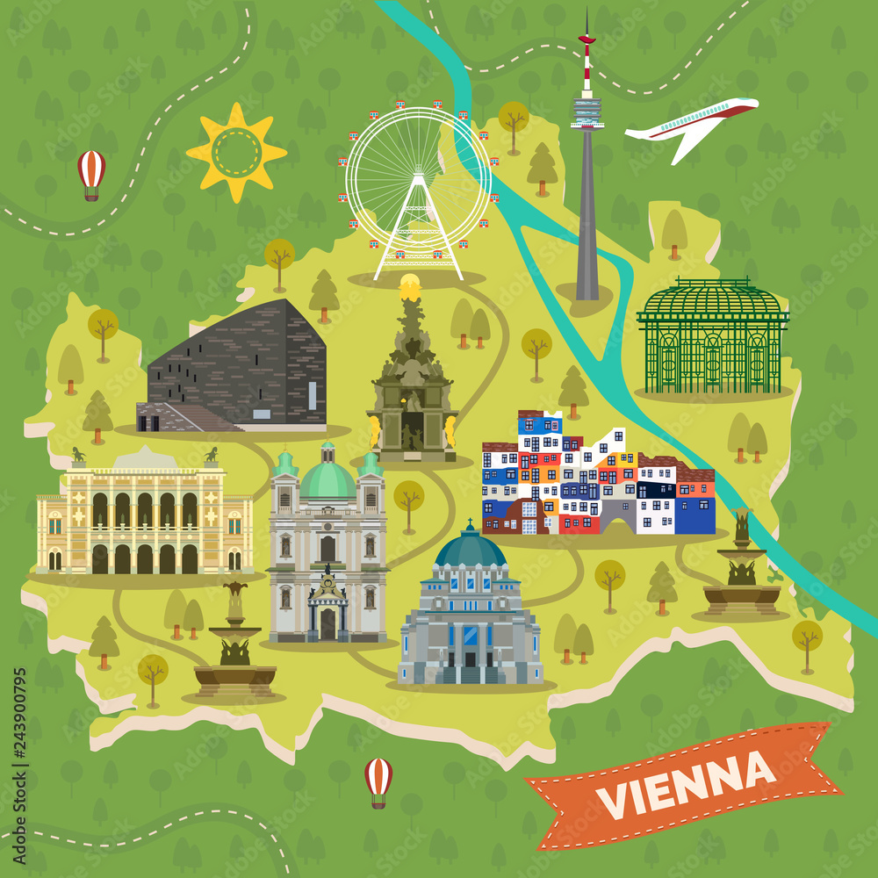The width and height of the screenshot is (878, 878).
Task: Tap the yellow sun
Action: (x=236, y=152)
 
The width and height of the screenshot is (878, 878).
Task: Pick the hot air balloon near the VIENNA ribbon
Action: (x=378, y=779)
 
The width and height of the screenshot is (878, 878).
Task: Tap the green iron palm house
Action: (x=713, y=338)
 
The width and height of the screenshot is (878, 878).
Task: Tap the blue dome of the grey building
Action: (x=471, y=549)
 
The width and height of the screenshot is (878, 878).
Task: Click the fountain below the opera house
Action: (x=234, y=650)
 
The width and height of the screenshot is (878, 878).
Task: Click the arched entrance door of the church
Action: (x=327, y=622)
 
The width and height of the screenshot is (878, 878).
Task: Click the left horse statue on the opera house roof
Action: (x=78, y=455)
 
